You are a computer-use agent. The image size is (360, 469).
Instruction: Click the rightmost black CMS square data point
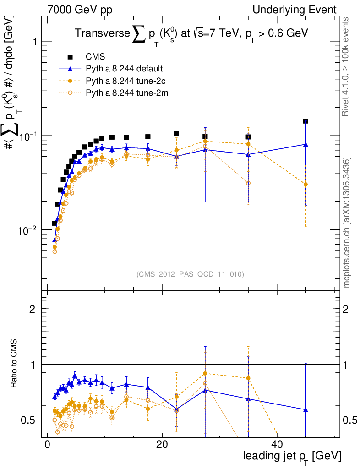click(x=305, y=121)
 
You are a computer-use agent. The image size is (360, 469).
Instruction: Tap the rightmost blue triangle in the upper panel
click(x=305, y=145)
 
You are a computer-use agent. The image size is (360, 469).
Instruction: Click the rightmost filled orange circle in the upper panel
click(x=305, y=184)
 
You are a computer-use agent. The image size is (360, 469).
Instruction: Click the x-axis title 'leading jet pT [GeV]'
click(x=292, y=456)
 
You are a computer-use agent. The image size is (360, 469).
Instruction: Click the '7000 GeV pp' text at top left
click(x=76, y=10)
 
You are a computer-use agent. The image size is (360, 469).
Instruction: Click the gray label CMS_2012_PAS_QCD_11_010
click(x=190, y=274)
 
